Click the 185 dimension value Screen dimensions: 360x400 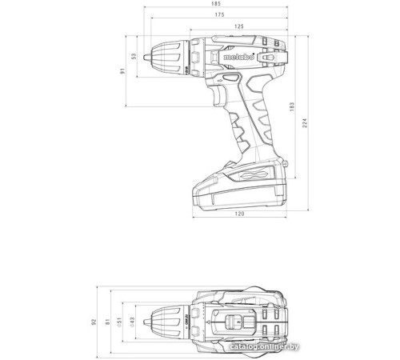tap(217, 5)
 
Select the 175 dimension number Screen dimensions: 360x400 tap(217, 16)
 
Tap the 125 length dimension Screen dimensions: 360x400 tap(239, 27)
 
